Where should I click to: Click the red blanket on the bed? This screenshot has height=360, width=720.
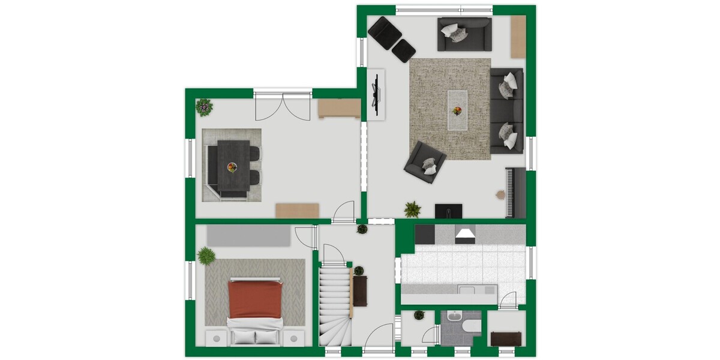click(x=254, y=299)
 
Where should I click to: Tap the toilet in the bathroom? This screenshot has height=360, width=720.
click(x=471, y=326)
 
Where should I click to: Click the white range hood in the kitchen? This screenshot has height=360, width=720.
click(x=466, y=235)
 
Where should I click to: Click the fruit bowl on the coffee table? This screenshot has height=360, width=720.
click(x=457, y=110)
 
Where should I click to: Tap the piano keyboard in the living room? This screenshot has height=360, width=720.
click(x=510, y=192)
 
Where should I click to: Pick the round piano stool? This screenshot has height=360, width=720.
click(x=499, y=194)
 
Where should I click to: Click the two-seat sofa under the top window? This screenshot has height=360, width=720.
click(x=464, y=34)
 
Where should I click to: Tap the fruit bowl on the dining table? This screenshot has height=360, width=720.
click(x=232, y=167)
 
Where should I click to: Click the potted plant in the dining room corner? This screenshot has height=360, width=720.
click(x=204, y=107)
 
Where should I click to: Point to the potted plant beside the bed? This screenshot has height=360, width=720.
click(x=206, y=255)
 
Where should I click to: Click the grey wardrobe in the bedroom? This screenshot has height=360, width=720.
click(x=249, y=236)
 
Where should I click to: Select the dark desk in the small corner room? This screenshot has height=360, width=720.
click(x=506, y=338)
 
